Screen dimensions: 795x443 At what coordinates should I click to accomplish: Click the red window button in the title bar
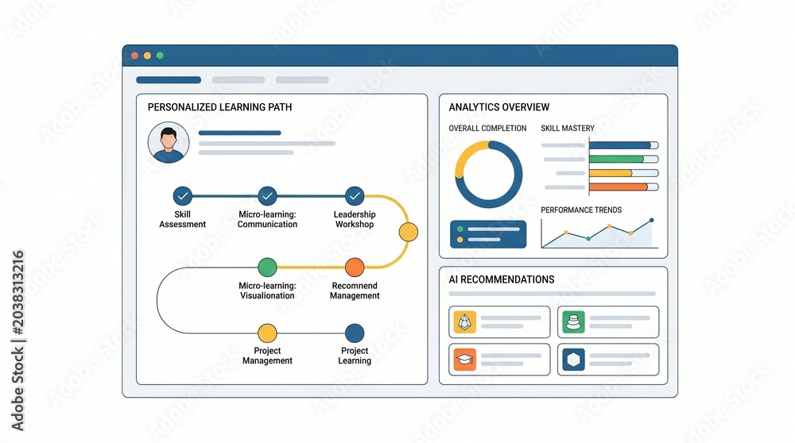135,56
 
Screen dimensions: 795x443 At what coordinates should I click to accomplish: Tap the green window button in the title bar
160,56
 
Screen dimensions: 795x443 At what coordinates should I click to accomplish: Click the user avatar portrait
169,142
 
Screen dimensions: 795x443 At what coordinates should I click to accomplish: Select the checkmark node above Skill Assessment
183,195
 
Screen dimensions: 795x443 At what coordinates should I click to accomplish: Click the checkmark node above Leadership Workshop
355,195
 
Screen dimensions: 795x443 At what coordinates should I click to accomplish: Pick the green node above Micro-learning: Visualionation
267,267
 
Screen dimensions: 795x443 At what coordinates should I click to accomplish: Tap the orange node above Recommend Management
355,267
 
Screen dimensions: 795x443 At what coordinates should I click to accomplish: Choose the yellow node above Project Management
267,333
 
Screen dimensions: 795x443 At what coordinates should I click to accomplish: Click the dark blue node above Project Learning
355,333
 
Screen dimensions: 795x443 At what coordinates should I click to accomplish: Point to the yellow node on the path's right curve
408,232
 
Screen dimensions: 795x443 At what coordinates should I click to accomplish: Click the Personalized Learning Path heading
219,107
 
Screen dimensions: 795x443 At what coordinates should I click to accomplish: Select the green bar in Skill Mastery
617,159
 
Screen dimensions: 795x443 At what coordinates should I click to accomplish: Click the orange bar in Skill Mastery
619,187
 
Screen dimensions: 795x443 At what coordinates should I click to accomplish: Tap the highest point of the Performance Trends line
652,220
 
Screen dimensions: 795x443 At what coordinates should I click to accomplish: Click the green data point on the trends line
588,238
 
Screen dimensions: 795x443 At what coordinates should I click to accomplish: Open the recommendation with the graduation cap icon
499,360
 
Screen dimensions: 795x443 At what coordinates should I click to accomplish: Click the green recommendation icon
573,322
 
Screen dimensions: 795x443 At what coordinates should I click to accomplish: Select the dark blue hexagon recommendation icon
573,360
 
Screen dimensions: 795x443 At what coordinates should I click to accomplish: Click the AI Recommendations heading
502,279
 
